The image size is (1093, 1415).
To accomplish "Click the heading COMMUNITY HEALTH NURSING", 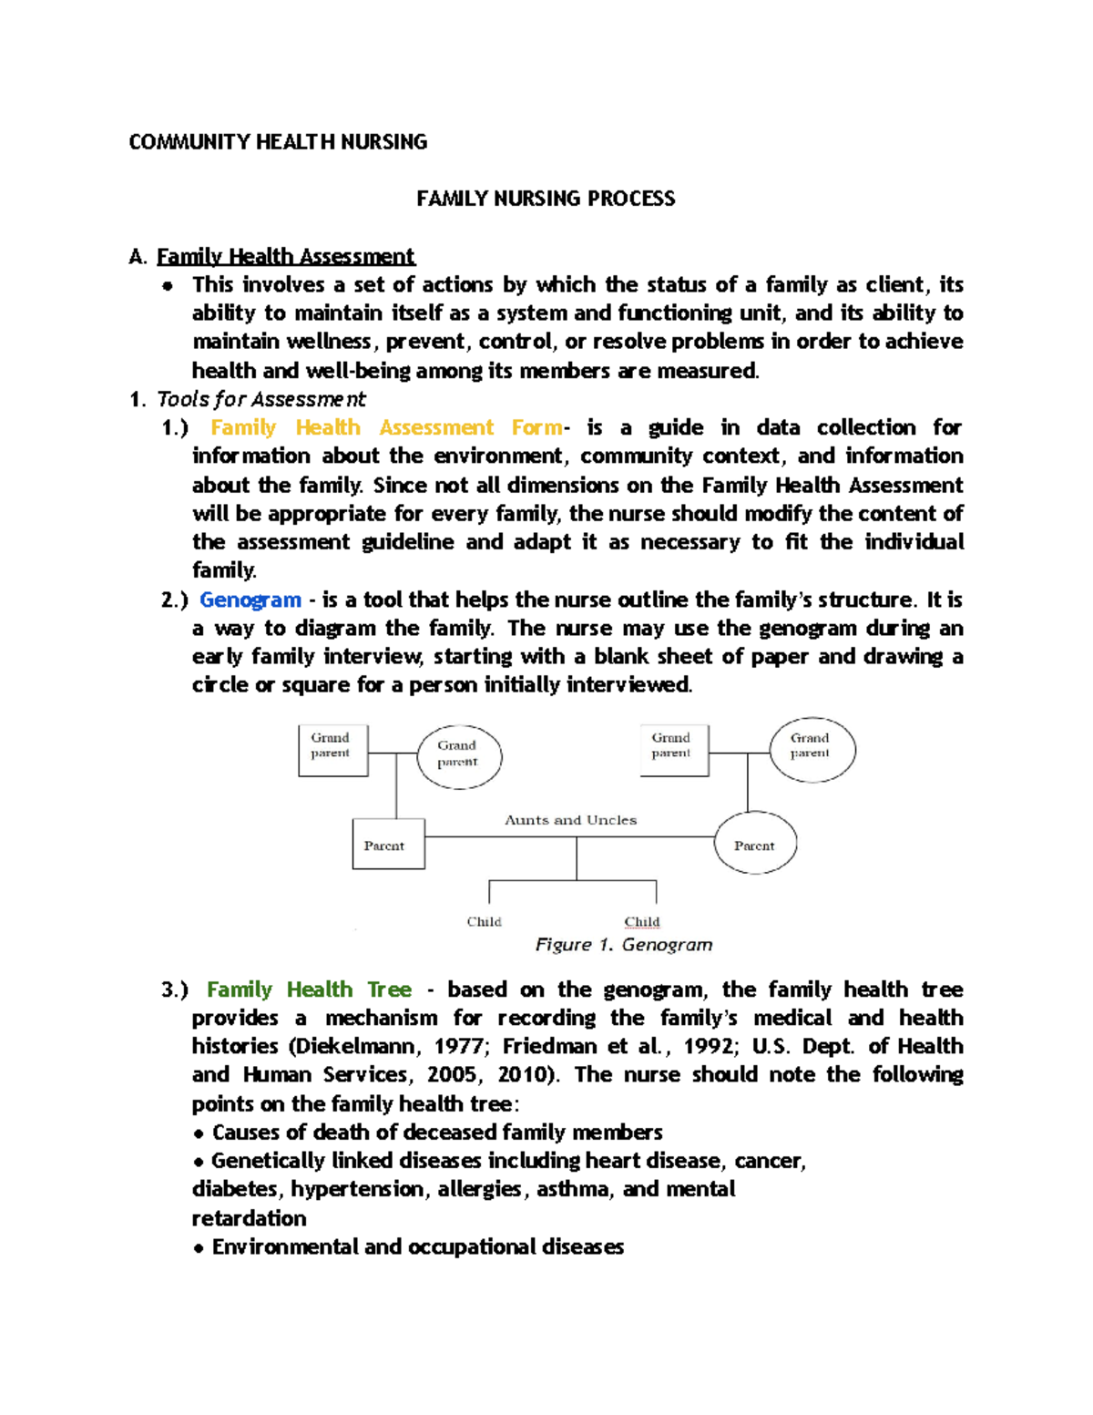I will (278, 142).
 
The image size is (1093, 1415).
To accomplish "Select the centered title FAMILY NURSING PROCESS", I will (546, 199).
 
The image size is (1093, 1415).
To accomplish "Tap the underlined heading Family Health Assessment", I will (285, 256).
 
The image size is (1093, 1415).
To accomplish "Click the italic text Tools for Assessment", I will (260, 399).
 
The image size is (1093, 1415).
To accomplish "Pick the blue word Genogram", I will (250, 600).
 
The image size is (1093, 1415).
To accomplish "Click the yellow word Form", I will (536, 427).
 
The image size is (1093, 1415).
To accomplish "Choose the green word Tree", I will (389, 989).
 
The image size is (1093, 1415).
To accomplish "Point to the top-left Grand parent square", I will (332, 750).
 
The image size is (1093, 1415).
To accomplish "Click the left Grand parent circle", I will (458, 754).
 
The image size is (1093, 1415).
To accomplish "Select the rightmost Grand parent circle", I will (811, 749).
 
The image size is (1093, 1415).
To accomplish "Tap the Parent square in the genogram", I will (387, 845).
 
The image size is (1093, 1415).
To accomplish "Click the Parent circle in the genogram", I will (754, 845).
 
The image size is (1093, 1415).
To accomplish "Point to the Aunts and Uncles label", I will (570, 820).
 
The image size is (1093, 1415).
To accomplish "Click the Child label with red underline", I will (642, 921).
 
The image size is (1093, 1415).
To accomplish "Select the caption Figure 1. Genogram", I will (623, 945).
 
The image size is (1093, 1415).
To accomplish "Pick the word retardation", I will (249, 1218).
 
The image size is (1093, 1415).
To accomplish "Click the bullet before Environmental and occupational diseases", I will (199, 1248).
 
